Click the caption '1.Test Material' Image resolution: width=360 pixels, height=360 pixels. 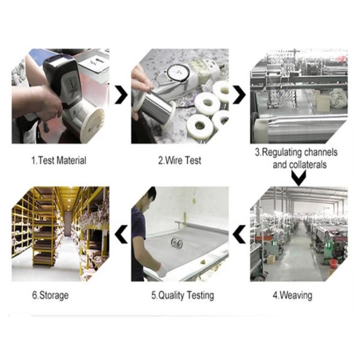59,160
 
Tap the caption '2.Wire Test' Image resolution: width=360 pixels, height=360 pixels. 179,160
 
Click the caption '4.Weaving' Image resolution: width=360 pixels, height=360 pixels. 293,295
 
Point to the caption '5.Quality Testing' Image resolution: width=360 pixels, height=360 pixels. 182,295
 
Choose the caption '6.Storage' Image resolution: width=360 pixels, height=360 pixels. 50,295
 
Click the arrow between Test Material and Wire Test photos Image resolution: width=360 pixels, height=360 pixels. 121,95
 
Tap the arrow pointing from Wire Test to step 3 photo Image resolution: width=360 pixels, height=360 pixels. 239,95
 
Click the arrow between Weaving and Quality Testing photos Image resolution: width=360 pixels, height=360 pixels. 239,234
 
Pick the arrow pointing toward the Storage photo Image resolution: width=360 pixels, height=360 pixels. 121,234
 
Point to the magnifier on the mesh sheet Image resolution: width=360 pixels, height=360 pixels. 177,244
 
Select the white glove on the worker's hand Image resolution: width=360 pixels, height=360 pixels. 162,270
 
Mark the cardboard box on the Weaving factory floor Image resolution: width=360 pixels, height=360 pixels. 271,259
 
